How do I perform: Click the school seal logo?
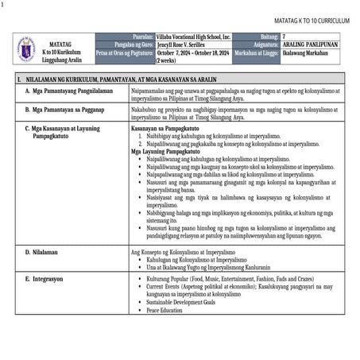coord(27,48)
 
